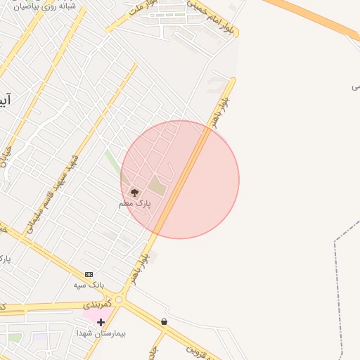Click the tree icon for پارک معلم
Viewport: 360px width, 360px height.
click(x=134, y=191)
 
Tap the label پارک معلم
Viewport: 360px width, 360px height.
click(x=135, y=203)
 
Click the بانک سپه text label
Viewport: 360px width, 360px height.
click(x=89, y=285)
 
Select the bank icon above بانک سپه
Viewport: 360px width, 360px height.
click(x=89, y=274)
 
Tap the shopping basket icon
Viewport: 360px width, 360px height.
click(x=164, y=321)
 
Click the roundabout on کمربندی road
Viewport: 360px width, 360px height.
click(x=119, y=300)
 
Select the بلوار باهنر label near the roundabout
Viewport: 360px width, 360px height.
click(x=139, y=269)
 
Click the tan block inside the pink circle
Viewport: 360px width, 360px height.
click(x=157, y=187)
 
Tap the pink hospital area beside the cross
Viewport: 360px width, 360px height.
click(x=90, y=314)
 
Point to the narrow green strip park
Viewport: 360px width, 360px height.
click(x=112, y=164)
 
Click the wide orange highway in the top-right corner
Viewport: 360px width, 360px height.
click(x=316, y=18)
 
